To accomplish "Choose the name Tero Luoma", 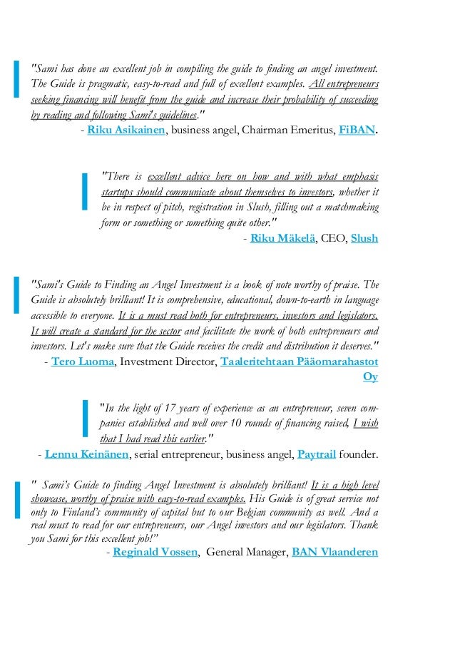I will (x=83, y=362).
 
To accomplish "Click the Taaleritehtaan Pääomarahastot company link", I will (x=300, y=362).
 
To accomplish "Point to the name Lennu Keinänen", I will (x=87, y=453).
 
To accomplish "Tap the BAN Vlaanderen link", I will (x=334, y=552).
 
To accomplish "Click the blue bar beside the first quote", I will (x=16, y=80).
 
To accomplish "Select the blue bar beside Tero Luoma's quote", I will (x=16, y=295).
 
